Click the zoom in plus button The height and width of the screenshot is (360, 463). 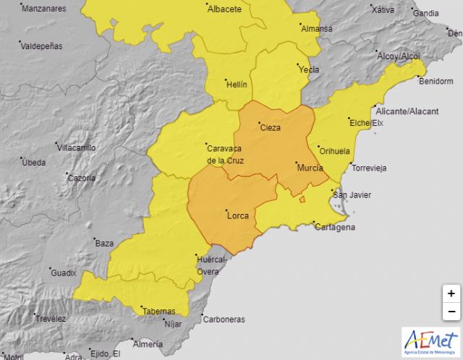click(451, 293)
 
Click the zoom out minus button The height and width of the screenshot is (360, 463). click(451, 312)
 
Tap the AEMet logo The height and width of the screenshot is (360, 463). click(431, 341)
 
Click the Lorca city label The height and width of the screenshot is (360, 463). click(238, 215)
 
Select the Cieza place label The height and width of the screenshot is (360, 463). click(270, 127)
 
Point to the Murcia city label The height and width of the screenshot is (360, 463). click(310, 168)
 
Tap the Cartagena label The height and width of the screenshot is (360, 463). click(335, 227)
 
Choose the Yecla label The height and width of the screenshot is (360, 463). click(309, 70)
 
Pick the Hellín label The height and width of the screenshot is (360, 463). click(237, 85)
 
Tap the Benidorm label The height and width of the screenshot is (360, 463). click(435, 81)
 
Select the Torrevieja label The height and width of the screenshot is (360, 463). click(369, 168)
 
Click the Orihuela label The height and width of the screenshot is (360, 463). click(334, 151)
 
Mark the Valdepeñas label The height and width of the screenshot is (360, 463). click(41, 46)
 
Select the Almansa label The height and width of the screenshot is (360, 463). click(316, 29)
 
